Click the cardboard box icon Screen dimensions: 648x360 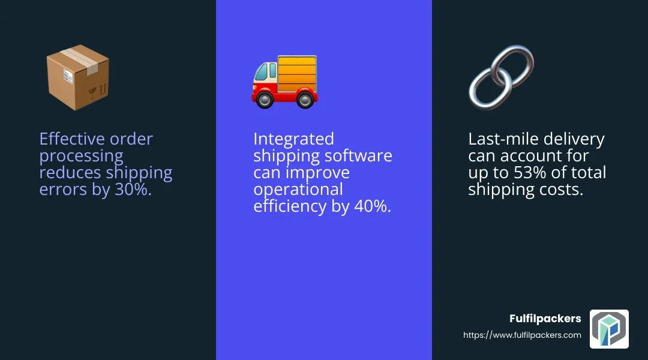[77, 77]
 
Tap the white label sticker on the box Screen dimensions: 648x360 [68, 76]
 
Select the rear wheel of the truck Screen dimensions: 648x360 [305, 100]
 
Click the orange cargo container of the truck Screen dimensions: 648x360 [297, 74]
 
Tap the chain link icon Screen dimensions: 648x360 [501, 77]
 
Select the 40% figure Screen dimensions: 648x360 [373, 206]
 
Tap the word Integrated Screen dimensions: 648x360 [293, 139]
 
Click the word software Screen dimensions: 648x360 [358, 155]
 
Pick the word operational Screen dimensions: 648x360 [298, 190]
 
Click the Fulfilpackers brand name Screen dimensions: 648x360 [545, 319]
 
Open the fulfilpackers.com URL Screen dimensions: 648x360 [522, 335]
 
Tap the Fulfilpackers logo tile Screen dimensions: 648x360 [609, 329]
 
